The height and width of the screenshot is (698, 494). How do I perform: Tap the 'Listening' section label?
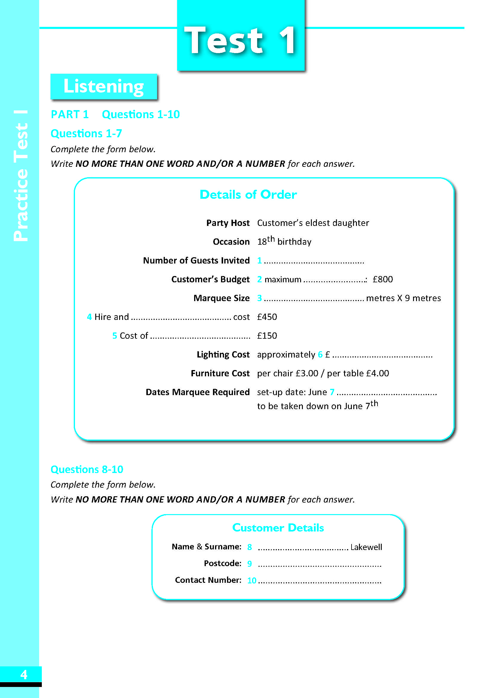(x=103, y=86)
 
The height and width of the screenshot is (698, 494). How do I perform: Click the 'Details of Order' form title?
(x=248, y=195)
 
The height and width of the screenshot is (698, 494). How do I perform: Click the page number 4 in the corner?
(x=23, y=674)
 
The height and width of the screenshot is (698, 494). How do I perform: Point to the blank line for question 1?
(x=314, y=261)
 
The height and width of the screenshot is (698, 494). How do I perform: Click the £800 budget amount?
(x=382, y=279)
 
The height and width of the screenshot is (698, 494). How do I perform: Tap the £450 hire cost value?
(x=267, y=317)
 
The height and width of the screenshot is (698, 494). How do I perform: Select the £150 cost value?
(x=267, y=336)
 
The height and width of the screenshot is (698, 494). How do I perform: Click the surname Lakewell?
(x=366, y=547)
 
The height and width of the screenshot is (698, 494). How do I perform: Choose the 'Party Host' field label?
(x=228, y=223)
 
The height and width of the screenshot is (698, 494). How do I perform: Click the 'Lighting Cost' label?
(x=223, y=355)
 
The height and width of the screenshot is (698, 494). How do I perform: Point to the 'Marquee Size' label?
(x=221, y=298)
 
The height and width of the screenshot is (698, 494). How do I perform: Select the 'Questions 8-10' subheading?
(x=87, y=469)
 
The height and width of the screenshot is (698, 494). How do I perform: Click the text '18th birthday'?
(x=284, y=241)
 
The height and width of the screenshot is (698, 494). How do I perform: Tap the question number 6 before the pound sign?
(x=320, y=355)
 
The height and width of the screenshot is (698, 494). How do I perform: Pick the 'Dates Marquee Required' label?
(x=197, y=392)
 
